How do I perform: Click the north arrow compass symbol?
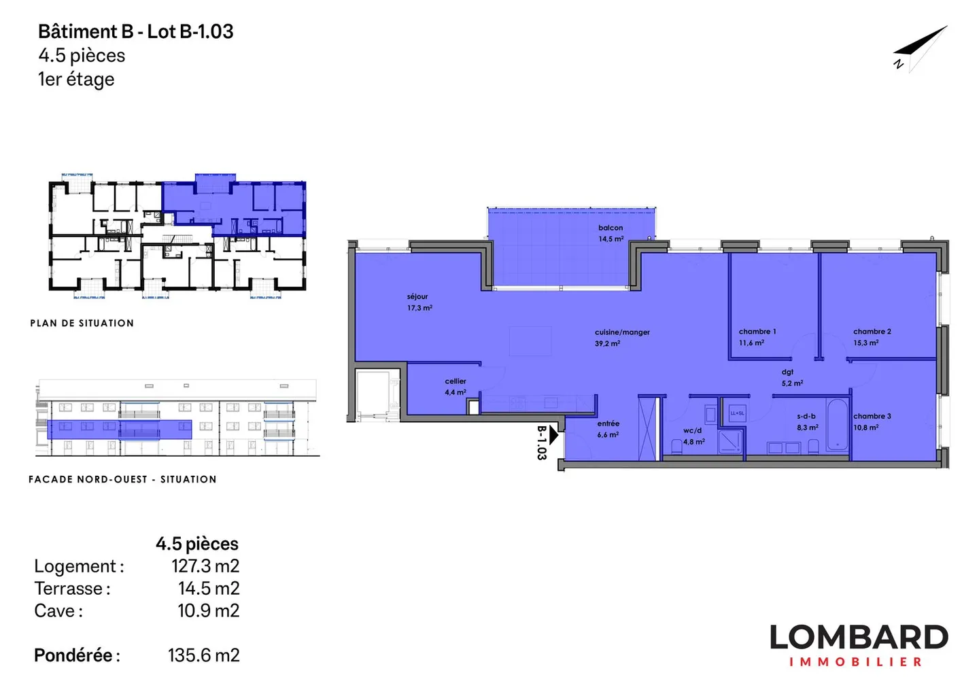920,48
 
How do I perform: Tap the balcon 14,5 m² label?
611,233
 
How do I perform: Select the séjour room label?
419,302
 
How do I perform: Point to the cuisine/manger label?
621,337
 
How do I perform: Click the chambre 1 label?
757,336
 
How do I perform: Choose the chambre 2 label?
872,336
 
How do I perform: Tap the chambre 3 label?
872,421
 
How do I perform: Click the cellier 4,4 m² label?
456,386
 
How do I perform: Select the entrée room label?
608,428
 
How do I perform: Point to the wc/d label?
693,436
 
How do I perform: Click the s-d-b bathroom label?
807,421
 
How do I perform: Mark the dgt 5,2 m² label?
791,377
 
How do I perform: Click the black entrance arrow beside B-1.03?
553,434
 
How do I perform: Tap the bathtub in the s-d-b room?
838,426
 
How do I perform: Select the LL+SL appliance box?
737,413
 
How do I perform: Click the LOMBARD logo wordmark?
858,638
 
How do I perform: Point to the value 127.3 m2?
205,566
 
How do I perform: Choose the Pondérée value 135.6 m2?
203,655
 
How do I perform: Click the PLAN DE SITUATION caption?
82,323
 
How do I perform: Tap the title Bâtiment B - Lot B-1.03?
136,31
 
